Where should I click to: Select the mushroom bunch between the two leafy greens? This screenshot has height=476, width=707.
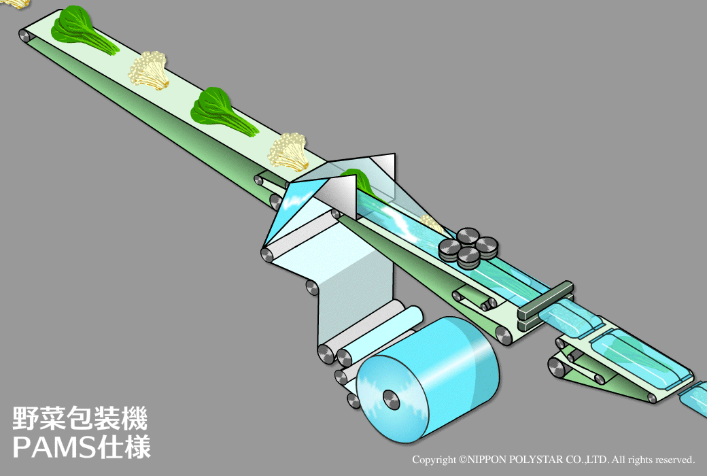[x=149, y=70]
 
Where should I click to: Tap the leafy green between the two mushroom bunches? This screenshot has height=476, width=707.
[x=221, y=112]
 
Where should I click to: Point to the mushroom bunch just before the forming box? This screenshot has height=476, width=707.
[x=288, y=152]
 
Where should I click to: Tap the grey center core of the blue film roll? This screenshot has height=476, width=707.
[x=391, y=400]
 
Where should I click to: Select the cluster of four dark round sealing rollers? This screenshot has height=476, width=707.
[x=468, y=245]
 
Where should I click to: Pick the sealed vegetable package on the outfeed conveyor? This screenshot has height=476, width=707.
[x=640, y=357]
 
